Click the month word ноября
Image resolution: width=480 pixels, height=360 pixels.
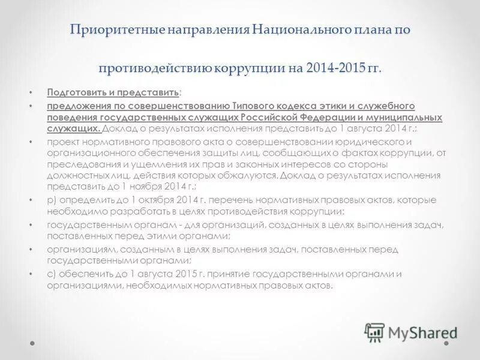133,187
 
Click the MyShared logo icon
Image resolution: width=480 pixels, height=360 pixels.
374,331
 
